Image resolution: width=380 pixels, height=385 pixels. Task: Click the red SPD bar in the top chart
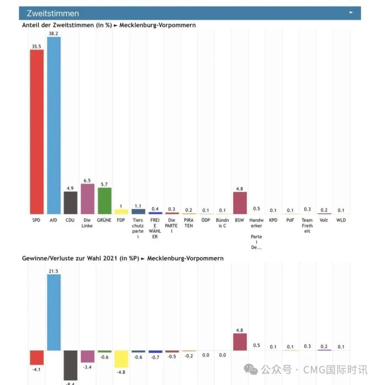tap(36, 132)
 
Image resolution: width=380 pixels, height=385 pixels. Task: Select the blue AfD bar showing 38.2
tap(54, 126)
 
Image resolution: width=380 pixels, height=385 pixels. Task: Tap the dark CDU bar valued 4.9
tap(70, 203)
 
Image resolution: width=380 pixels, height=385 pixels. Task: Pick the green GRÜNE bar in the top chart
tap(104, 201)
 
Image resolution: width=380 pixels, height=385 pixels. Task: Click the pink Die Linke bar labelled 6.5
tap(87, 199)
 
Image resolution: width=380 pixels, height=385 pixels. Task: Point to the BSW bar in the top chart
tap(240, 203)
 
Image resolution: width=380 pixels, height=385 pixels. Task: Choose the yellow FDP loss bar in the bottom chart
tap(121, 359)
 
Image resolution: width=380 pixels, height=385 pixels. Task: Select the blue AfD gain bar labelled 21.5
tap(54, 312)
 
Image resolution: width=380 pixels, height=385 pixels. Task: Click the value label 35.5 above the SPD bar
tap(36, 46)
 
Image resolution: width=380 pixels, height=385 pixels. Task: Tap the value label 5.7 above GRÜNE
tap(104, 184)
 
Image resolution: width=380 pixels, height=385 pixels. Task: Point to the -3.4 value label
tap(87, 367)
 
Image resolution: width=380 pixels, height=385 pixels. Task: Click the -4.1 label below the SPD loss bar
tap(36, 369)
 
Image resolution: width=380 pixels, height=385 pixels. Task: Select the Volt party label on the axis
tap(324, 220)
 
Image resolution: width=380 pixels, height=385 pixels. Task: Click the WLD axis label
tap(341, 220)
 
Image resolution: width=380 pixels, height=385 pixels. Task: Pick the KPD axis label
tap(273, 220)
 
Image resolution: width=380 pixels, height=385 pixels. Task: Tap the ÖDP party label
tap(206, 220)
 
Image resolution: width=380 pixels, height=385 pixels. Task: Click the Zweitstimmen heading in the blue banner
tap(53, 13)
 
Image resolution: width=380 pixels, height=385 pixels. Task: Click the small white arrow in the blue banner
tap(351, 12)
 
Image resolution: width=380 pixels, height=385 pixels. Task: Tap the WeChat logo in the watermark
tap(251, 369)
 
